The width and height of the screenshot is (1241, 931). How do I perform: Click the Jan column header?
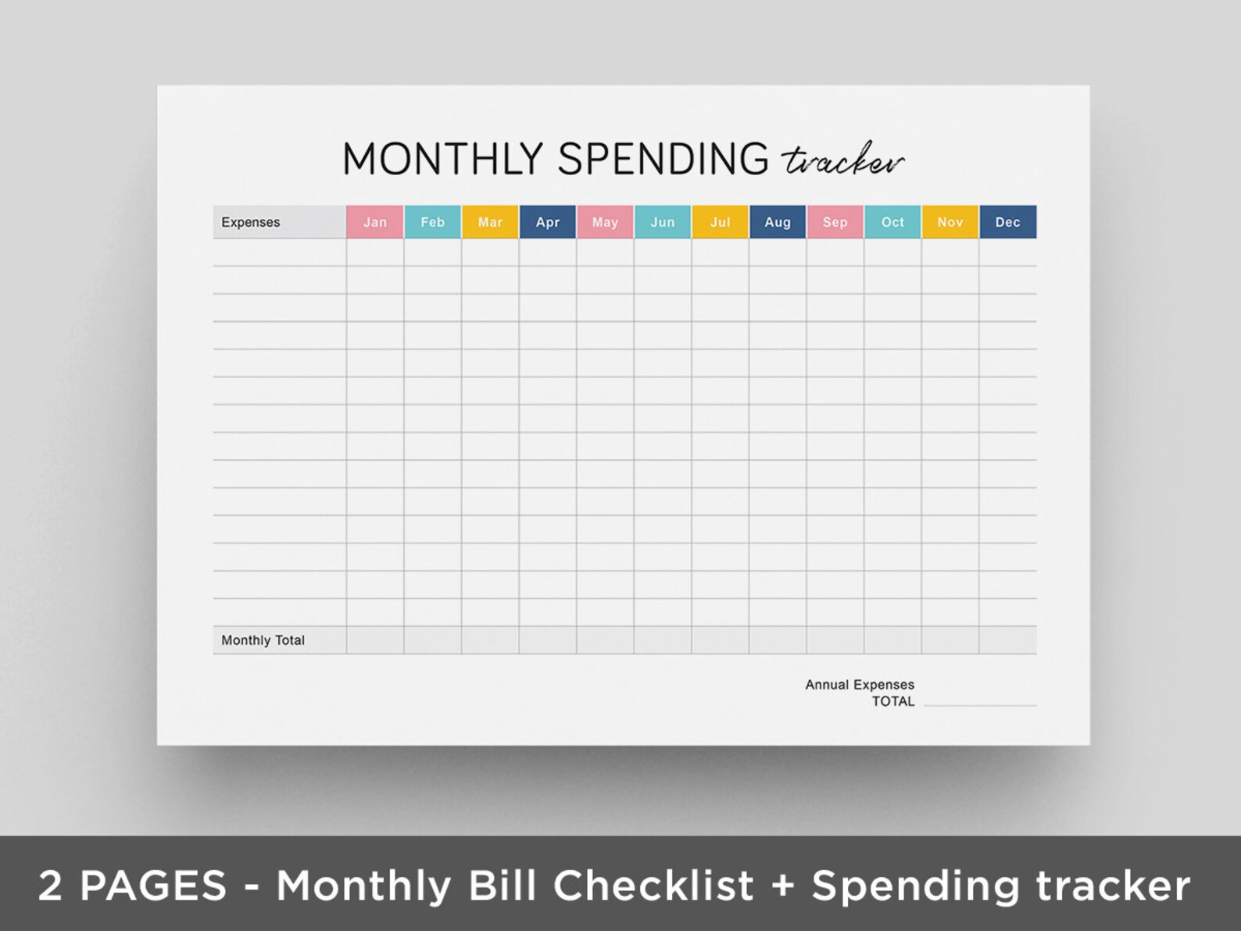pos(375,222)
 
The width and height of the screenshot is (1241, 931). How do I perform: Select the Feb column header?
pos(432,222)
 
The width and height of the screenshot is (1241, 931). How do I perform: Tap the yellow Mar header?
pos(490,222)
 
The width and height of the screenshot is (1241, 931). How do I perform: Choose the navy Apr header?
pos(548,222)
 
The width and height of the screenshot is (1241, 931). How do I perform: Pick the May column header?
pos(605,222)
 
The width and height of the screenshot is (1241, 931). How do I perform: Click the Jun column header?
pos(663,222)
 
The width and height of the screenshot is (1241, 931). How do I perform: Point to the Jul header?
pos(720,222)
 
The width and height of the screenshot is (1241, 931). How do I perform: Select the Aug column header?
pos(778,222)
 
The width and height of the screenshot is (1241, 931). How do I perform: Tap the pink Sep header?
pos(835,222)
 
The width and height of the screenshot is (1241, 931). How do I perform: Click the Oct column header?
pos(892,222)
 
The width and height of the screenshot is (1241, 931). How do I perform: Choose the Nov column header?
pos(950,222)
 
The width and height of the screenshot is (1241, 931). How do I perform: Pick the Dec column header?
pos(1007,222)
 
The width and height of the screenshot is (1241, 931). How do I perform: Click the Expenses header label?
pos(251,222)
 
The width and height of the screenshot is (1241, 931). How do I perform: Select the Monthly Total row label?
pos(263,640)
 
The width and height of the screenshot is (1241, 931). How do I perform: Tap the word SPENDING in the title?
pos(663,159)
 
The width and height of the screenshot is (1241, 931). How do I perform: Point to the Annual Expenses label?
pos(860,685)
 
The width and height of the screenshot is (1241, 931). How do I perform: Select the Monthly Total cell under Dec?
pos(1007,640)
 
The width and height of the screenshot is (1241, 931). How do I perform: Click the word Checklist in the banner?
pos(653,886)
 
